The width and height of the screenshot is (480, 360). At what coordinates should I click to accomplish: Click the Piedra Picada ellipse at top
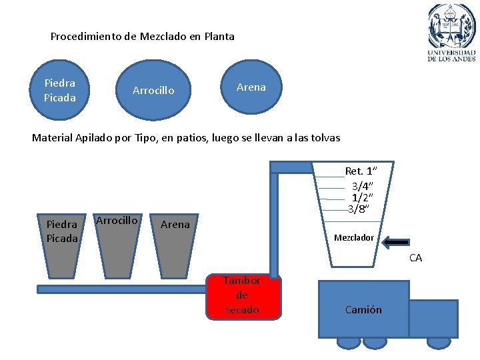(60, 90)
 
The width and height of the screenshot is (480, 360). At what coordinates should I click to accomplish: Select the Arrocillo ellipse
(153, 90)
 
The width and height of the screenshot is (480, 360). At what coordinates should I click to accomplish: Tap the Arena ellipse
(251, 87)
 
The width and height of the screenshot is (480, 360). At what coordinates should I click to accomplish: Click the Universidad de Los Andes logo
(451, 31)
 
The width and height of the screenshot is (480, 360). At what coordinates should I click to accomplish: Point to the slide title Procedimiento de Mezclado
(143, 37)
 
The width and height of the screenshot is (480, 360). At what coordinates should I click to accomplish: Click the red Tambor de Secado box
(242, 296)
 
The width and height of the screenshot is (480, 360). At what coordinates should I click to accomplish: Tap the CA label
(415, 258)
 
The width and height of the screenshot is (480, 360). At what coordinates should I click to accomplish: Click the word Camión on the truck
(363, 309)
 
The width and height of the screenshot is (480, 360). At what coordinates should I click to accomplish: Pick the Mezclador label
(354, 238)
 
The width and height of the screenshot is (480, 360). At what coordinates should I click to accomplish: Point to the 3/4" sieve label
(362, 185)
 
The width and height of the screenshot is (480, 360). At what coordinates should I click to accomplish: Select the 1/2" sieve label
(362, 197)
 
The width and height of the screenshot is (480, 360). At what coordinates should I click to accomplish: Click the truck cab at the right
(433, 318)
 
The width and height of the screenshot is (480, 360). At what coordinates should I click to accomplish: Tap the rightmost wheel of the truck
(439, 342)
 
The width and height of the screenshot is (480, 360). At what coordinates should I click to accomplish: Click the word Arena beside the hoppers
(175, 225)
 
